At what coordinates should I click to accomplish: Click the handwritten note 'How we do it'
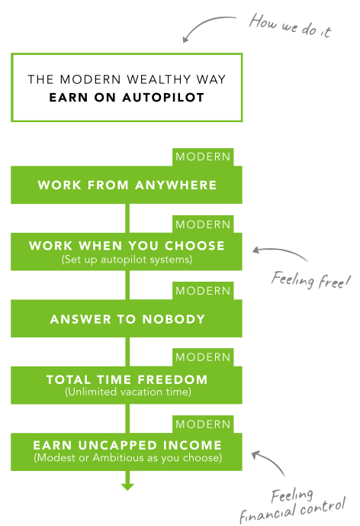(x=291, y=26)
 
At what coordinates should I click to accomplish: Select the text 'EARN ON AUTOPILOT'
(x=127, y=98)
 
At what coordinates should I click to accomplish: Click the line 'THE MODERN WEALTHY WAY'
(x=127, y=79)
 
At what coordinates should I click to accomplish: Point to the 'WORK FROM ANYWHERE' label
(x=127, y=186)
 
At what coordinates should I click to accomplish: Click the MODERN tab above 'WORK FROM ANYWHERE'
(x=203, y=157)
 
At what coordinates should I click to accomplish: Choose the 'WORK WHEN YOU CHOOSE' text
(x=127, y=246)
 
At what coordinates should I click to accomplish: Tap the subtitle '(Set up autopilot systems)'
(x=127, y=260)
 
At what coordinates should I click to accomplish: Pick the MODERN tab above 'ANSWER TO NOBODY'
(x=203, y=291)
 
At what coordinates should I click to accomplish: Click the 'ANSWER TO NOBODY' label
(x=127, y=319)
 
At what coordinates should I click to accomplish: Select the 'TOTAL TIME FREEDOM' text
(x=127, y=379)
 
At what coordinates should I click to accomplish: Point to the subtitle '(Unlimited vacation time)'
(x=127, y=392)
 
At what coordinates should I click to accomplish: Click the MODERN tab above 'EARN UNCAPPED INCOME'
(x=203, y=424)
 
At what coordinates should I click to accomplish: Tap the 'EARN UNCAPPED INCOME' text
(x=127, y=445)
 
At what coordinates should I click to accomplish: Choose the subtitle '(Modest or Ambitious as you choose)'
(x=127, y=457)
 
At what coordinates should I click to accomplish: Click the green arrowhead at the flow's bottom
(x=127, y=487)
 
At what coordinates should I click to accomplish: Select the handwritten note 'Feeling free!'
(x=310, y=280)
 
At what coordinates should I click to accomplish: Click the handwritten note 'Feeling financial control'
(x=292, y=506)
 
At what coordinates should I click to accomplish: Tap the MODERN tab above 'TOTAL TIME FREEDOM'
(x=203, y=357)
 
